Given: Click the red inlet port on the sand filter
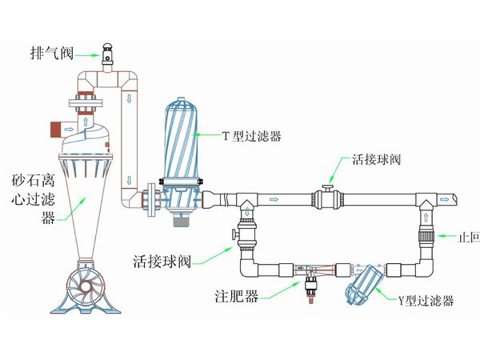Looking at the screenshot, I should point(56,128).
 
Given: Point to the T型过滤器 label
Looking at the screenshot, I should point(254,136).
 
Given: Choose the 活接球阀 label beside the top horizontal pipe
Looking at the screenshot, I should point(377,159).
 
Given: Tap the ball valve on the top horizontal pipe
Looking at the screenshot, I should point(327,197).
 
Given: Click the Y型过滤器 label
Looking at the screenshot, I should point(426,301).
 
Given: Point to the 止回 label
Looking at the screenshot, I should point(467,238).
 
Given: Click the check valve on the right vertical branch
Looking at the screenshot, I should point(427,236).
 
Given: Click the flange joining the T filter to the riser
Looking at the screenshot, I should point(150,199).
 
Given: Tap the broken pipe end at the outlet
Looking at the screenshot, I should point(453,197).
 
